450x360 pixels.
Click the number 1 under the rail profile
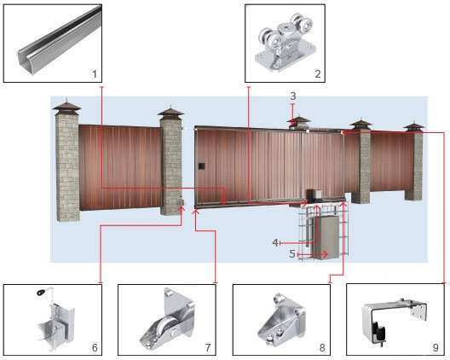[x=94, y=74]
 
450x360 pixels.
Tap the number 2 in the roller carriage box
[x=317, y=74]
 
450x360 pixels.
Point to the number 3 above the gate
[x=292, y=96]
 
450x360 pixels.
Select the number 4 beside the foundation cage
[x=275, y=242]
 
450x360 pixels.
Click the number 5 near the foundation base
[x=291, y=253]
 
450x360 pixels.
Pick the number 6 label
[x=94, y=347]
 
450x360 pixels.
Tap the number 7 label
[x=207, y=347]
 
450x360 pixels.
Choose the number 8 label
[x=321, y=347]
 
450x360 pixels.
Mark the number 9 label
[x=436, y=347]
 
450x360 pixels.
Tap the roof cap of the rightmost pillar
[x=413, y=126]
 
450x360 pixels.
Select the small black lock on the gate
[x=202, y=165]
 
